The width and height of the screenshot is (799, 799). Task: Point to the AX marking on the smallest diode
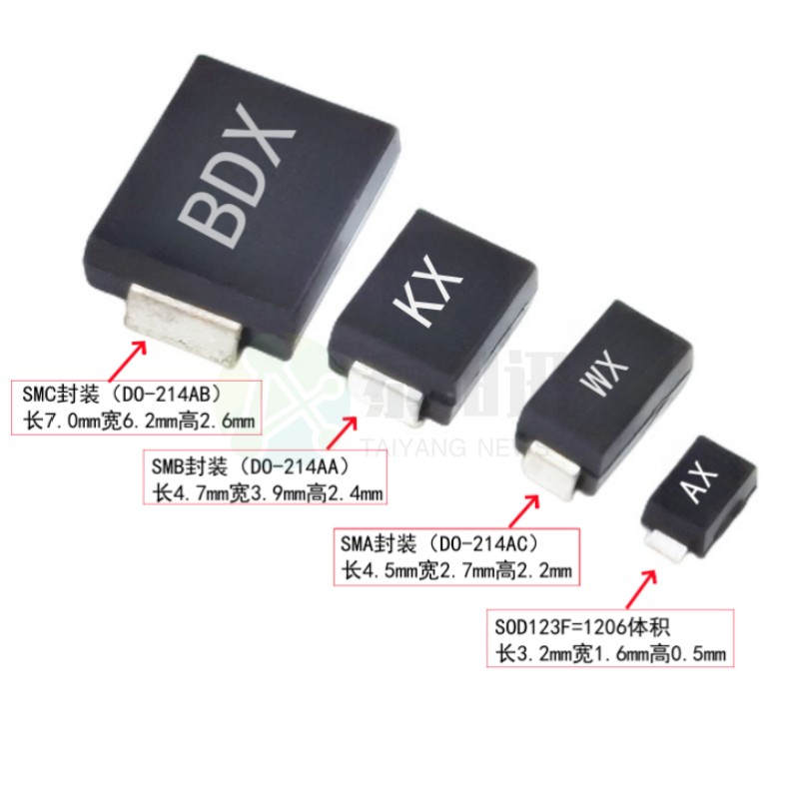703,484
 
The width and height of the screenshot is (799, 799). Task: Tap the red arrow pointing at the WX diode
521,509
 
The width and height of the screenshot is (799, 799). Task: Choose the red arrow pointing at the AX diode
640,586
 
